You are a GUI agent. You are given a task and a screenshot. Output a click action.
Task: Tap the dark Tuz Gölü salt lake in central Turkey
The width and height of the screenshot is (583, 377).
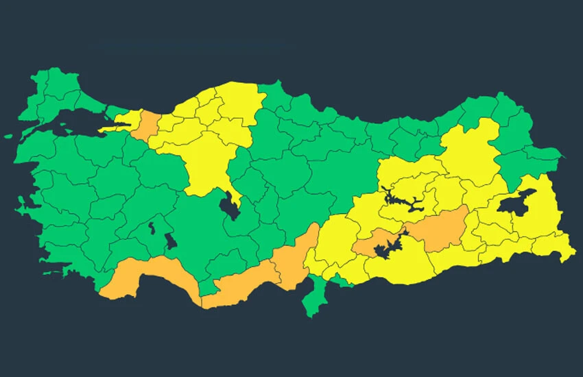tap(230, 205)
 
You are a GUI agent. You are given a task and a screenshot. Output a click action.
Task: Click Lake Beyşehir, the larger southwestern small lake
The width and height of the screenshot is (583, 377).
tap(170, 241)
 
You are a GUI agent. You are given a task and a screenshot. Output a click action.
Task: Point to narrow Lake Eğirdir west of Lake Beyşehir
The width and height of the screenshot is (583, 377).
tap(151, 226)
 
